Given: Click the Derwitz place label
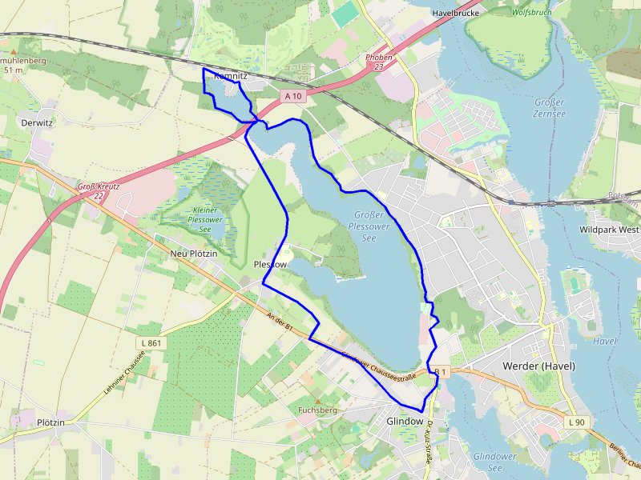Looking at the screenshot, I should [x=37, y=123].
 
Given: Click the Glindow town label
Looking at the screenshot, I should [x=404, y=421].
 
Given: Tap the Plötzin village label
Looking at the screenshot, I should [x=50, y=422].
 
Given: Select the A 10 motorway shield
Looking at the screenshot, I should [x=294, y=96].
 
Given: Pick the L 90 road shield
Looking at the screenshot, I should [x=575, y=422].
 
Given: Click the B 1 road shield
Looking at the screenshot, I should [x=440, y=372].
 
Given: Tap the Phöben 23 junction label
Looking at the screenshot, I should [x=378, y=62].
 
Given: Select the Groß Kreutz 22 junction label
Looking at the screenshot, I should [x=99, y=190].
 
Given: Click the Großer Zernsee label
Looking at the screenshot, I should [x=549, y=108].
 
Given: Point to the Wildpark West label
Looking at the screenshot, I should [x=608, y=230].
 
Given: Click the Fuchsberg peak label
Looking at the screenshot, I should [x=317, y=410].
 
